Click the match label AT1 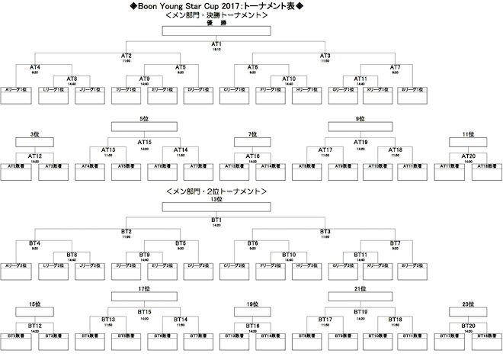click(x=216, y=44)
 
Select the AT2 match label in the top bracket click(x=127, y=56)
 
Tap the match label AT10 click(x=289, y=79)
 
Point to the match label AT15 click(x=144, y=142)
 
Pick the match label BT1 click(x=216, y=218)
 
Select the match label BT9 click(x=144, y=253)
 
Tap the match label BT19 click(x=360, y=313)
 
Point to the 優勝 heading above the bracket click(x=216, y=23)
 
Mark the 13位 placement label click(x=216, y=198)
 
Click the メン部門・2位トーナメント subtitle click(x=216, y=190)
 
